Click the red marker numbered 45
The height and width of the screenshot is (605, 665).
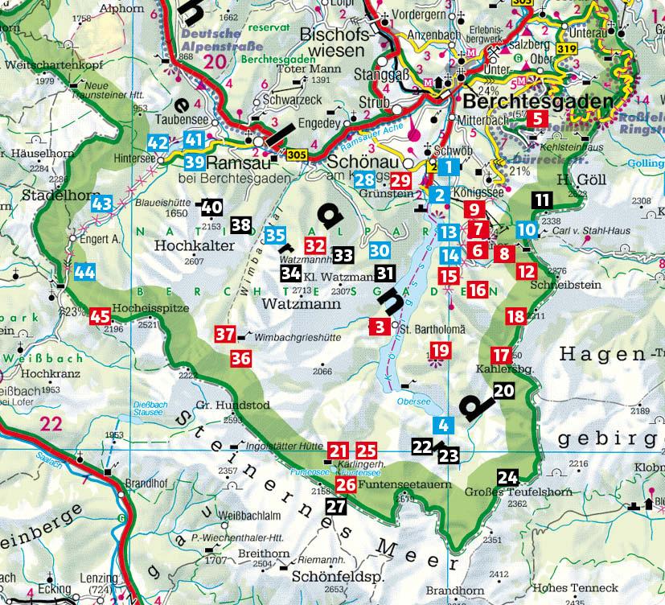point(101,316)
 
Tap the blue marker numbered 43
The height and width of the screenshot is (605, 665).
point(101,204)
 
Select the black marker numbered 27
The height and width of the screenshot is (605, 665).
point(335,506)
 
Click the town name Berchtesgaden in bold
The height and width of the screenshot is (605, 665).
point(539,101)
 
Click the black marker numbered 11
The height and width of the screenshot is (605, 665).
point(543,200)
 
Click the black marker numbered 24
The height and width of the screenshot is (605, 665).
point(508,476)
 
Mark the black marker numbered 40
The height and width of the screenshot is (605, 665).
point(211,207)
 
